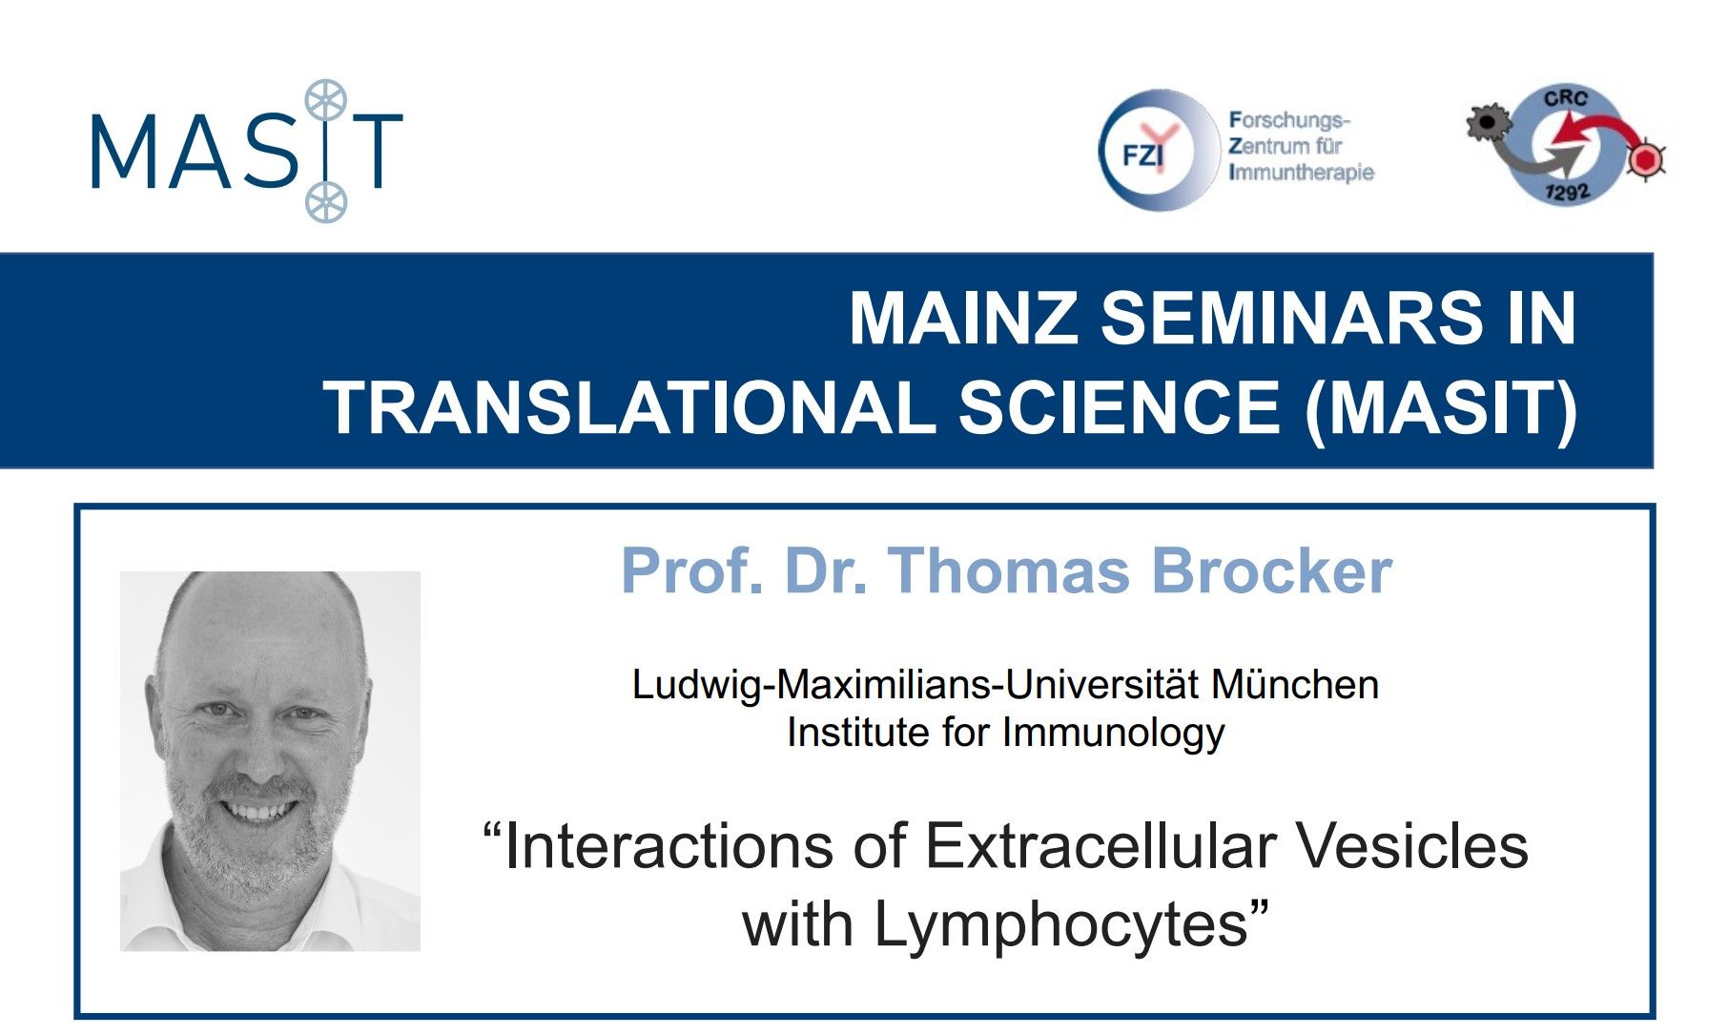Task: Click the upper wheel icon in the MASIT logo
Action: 325,100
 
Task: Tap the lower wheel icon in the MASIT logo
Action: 326,202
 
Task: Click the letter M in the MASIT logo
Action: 121,151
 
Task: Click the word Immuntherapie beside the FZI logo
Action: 1302,173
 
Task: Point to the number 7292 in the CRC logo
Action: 1567,191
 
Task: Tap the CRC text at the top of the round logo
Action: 1565,98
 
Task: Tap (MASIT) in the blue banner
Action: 1442,408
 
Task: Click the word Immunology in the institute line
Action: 1113,734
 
